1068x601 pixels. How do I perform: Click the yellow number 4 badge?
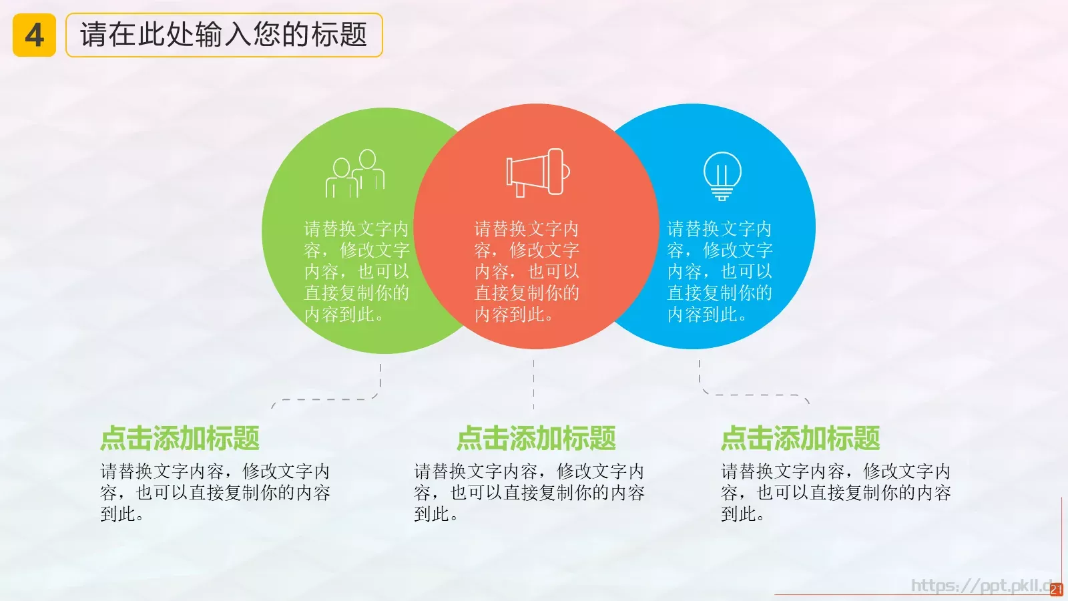tap(34, 35)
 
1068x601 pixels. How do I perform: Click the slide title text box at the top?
tap(224, 35)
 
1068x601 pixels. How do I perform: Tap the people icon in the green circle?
tap(355, 174)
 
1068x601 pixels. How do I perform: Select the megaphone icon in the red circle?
tap(537, 172)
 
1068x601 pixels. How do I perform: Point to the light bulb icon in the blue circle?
tap(722, 176)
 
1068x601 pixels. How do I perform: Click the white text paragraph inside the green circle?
tap(356, 272)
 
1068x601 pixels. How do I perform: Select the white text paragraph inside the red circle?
tap(527, 272)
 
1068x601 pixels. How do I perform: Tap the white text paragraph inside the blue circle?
tap(720, 272)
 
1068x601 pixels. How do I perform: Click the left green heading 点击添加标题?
tap(180, 439)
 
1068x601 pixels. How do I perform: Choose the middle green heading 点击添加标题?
tap(536, 439)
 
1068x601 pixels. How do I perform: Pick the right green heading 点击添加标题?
tap(800, 439)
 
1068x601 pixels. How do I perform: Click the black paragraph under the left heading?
tap(215, 493)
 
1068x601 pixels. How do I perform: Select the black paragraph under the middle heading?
tap(529, 493)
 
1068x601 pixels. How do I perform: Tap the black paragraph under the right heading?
tap(836, 493)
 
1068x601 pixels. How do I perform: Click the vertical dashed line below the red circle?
tap(533, 385)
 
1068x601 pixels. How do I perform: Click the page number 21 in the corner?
tap(1056, 590)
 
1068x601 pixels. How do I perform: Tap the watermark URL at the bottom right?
tap(981, 586)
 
